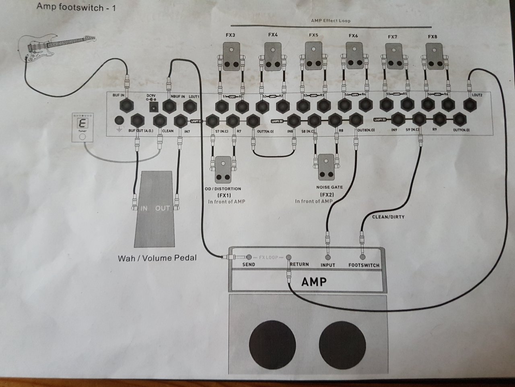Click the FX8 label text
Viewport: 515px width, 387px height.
(433, 37)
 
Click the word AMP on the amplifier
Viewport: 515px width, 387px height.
(314, 281)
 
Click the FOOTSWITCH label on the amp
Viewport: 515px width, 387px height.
(364, 265)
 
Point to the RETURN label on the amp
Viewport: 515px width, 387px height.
(299, 264)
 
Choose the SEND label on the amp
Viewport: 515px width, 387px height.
(249, 265)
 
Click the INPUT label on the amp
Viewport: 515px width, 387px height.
(328, 265)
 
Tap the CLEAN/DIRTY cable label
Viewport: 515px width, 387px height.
(388, 217)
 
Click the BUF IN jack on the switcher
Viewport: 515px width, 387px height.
(128, 106)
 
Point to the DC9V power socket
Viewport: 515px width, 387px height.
(153, 107)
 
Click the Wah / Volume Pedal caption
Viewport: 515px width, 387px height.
(157, 258)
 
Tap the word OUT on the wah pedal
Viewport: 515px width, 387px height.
(163, 208)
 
